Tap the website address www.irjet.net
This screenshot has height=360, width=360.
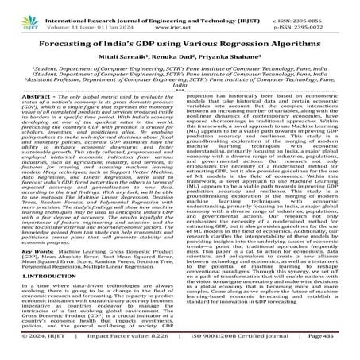(180, 16)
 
